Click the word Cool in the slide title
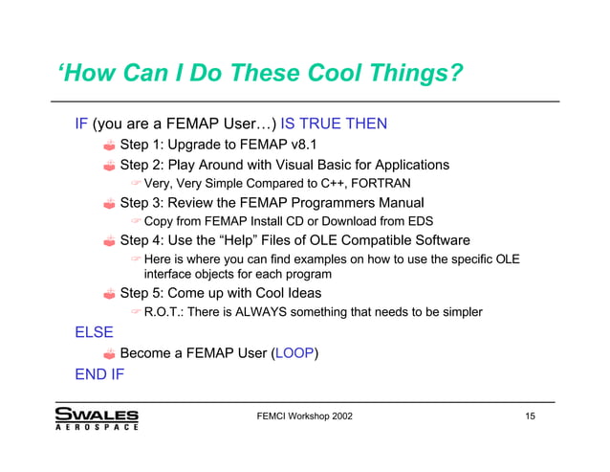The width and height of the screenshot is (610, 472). [x=339, y=74]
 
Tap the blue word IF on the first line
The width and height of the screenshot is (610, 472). [x=81, y=124]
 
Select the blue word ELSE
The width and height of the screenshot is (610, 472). [x=94, y=333]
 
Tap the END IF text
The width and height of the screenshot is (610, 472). [x=99, y=373]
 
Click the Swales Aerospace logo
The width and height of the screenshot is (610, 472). [x=97, y=419]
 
